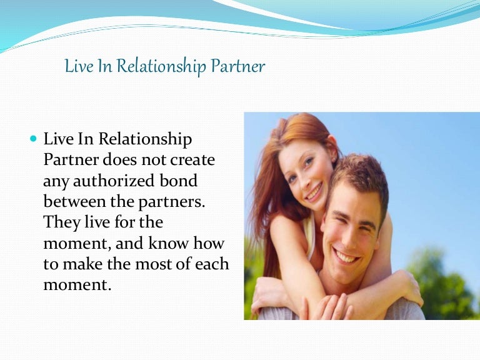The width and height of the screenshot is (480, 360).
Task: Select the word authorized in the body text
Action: coord(109,181)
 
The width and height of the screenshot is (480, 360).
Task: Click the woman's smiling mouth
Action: coord(313,191)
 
